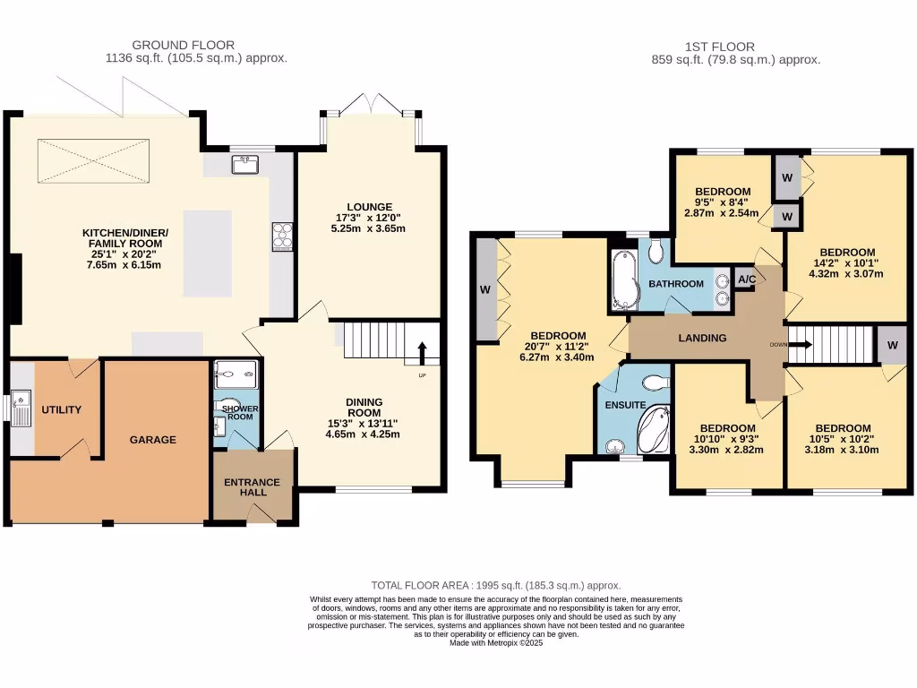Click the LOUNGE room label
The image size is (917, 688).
[x=369, y=207]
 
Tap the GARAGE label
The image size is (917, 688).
[x=152, y=439]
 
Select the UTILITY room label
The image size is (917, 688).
[x=62, y=409]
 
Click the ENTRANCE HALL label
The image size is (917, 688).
[x=252, y=487]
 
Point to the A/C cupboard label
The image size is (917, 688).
[x=747, y=279]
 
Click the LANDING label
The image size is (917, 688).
[x=702, y=338]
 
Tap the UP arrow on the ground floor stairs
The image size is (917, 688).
[x=422, y=353]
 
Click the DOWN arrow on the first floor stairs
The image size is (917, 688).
[x=801, y=345]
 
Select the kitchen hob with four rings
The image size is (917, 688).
[x=282, y=236]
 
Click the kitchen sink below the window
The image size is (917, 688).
[x=245, y=165]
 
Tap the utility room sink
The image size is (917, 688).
[x=21, y=408]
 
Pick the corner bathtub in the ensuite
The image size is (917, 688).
[x=653, y=430]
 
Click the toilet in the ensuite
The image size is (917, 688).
[x=656, y=383]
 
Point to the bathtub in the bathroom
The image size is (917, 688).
[x=624, y=280]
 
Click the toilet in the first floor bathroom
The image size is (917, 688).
[x=656, y=251]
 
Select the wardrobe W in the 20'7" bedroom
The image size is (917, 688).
[x=485, y=289]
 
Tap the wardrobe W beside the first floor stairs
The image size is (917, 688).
[x=893, y=345]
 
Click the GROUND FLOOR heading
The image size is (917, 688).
[x=183, y=45]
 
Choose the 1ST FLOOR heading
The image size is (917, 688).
[x=720, y=47]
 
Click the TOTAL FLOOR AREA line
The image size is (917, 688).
[x=496, y=586]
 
